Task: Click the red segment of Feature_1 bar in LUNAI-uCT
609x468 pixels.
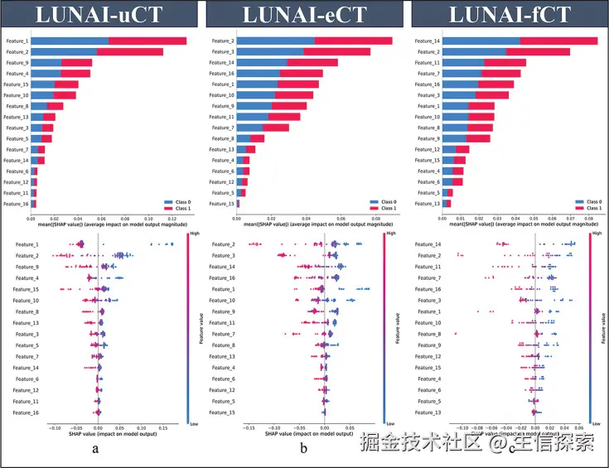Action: point(147,41)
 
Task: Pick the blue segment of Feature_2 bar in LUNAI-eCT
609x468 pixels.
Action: point(276,41)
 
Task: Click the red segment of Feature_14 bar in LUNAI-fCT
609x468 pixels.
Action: point(558,41)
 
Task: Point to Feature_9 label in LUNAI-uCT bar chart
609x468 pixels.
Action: point(17,62)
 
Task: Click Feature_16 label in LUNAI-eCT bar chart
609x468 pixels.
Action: point(222,73)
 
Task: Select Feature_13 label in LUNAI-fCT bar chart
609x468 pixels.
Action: point(428,203)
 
